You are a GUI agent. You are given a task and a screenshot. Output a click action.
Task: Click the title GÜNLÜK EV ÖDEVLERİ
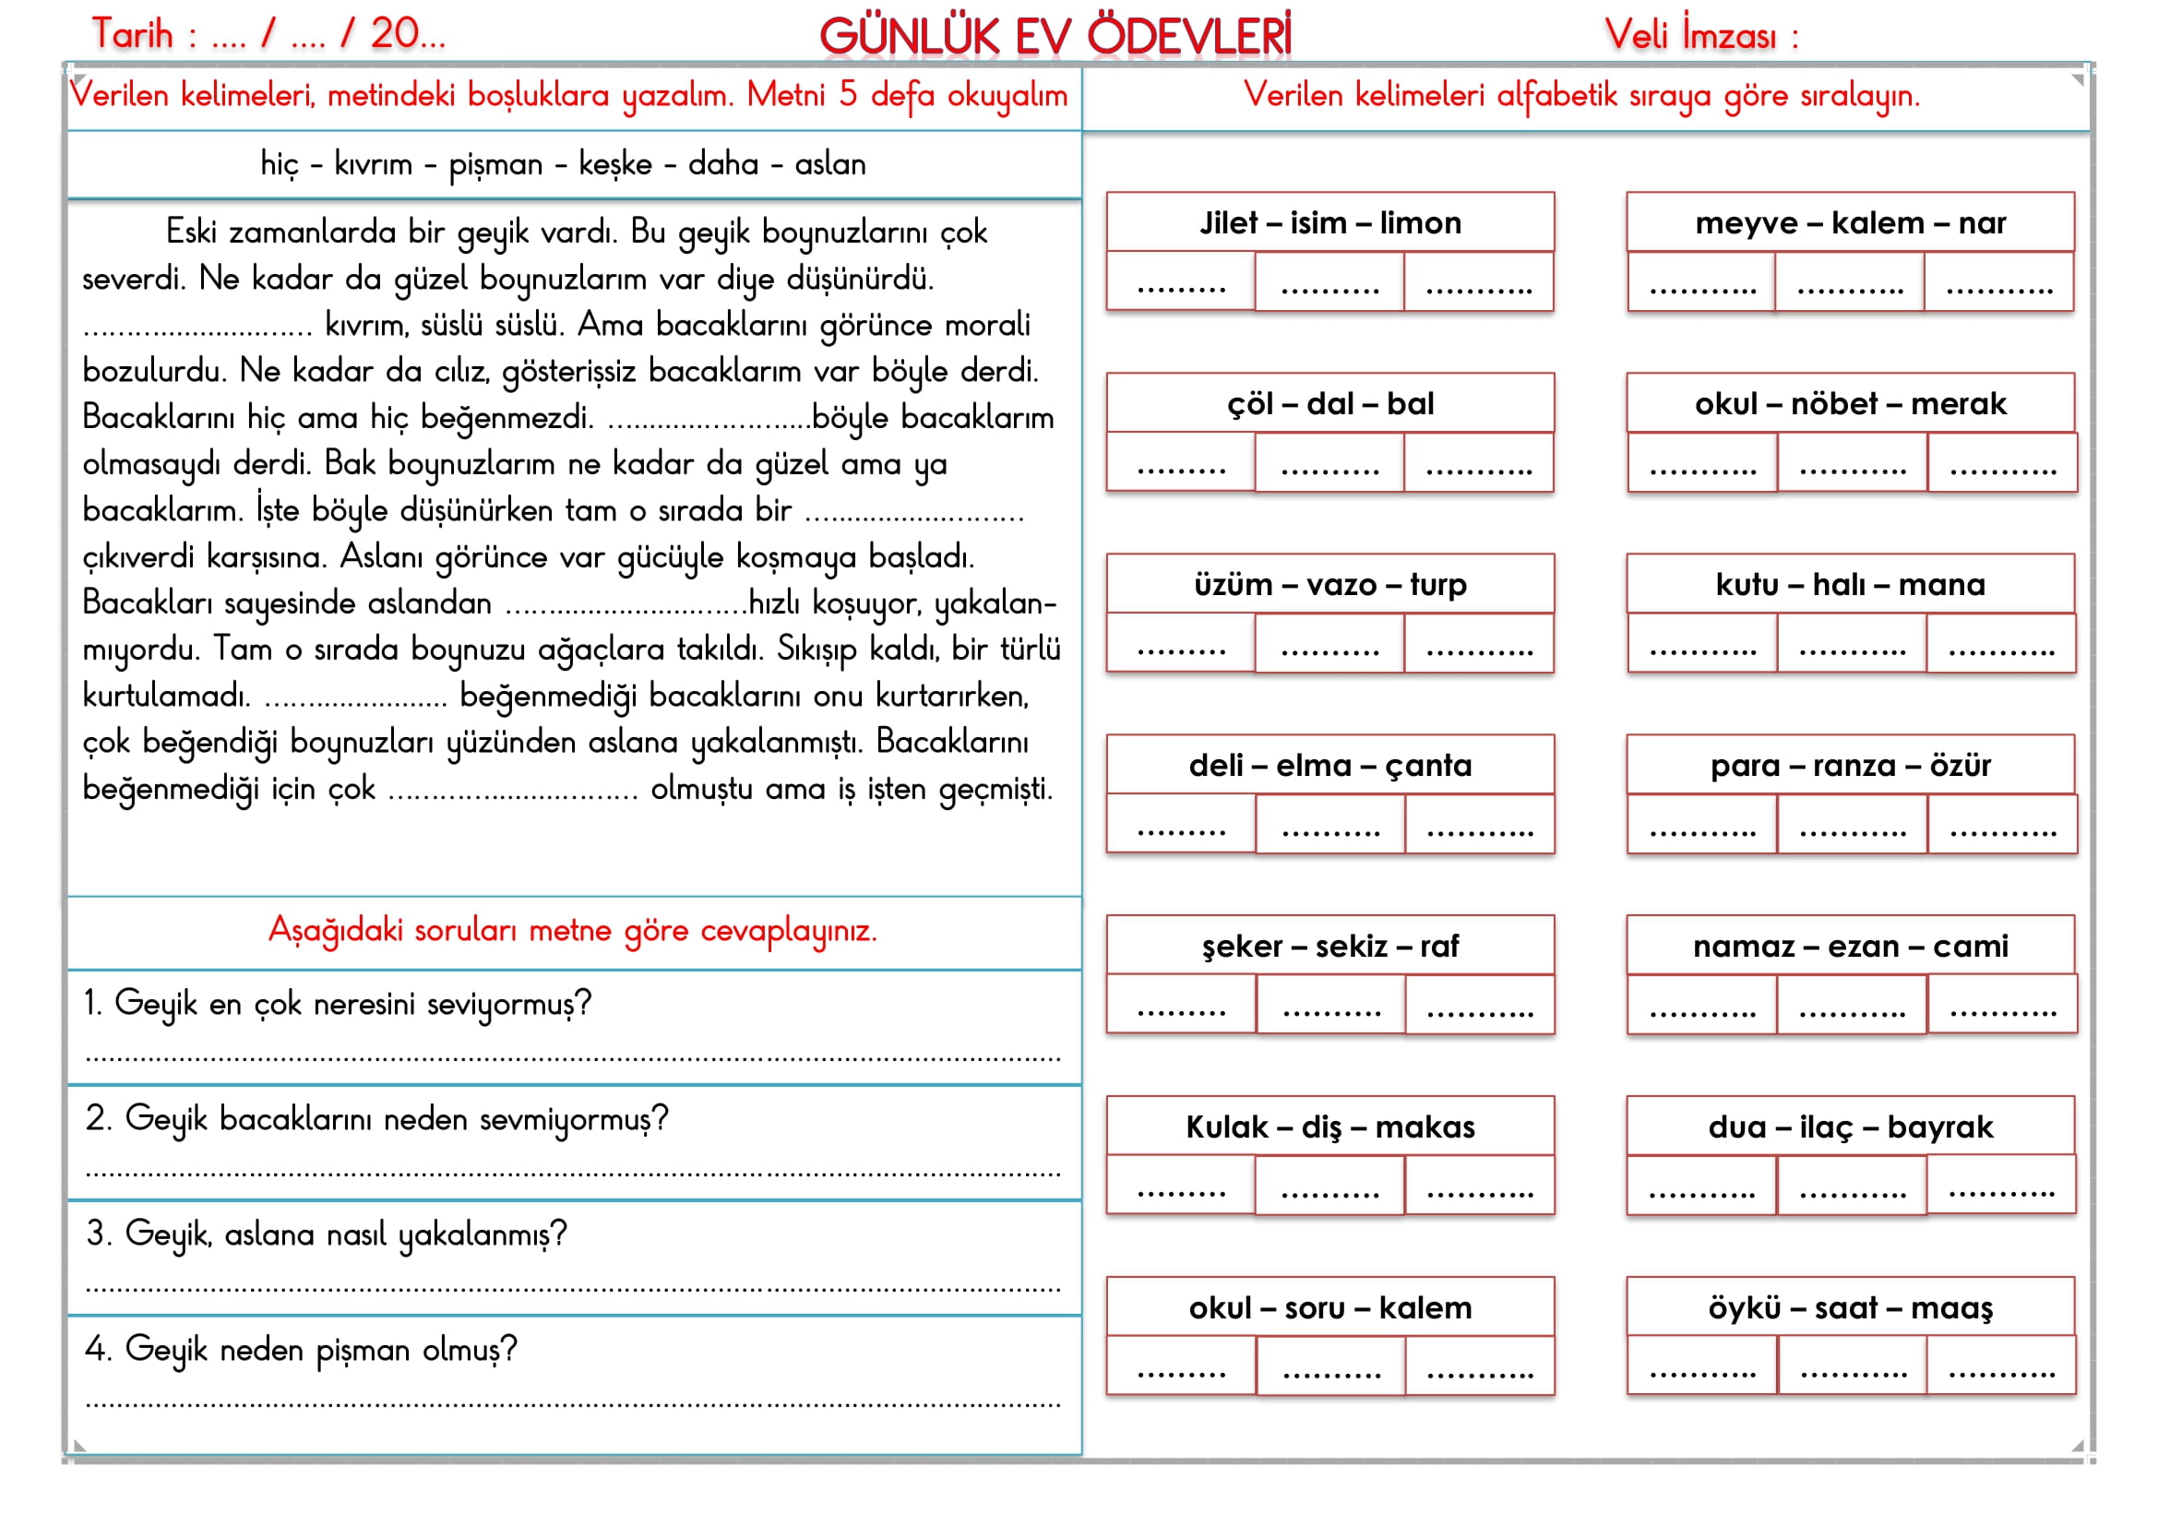tap(1055, 37)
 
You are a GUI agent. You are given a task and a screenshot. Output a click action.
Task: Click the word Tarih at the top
tap(133, 35)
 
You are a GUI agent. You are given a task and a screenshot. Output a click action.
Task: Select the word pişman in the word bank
tap(495, 164)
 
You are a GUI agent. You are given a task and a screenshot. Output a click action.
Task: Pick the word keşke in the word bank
tap(614, 164)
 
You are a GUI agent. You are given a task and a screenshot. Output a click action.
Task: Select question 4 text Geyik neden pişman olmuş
tap(301, 1351)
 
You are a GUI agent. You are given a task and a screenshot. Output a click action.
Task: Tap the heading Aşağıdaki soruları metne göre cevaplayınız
tap(571, 930)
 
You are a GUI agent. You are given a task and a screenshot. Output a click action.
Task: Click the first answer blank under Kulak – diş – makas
tap(1181, 1186)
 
